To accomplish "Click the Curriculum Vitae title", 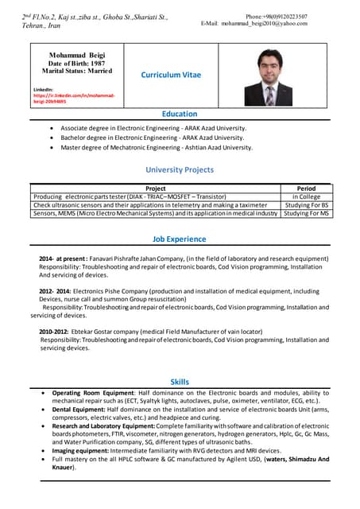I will (171, 75).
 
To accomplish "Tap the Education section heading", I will (179, 115).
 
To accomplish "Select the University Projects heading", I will (179, 169).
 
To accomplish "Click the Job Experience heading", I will (179, 239).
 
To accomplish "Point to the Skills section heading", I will (180, 383).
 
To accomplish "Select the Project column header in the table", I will (156, 188).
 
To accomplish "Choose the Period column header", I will (305, 188).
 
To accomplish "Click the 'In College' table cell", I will (305, 196).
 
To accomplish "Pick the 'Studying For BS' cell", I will (305, 204).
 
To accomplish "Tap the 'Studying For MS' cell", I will (305, 213).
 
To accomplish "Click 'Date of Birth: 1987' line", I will (77, 63).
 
